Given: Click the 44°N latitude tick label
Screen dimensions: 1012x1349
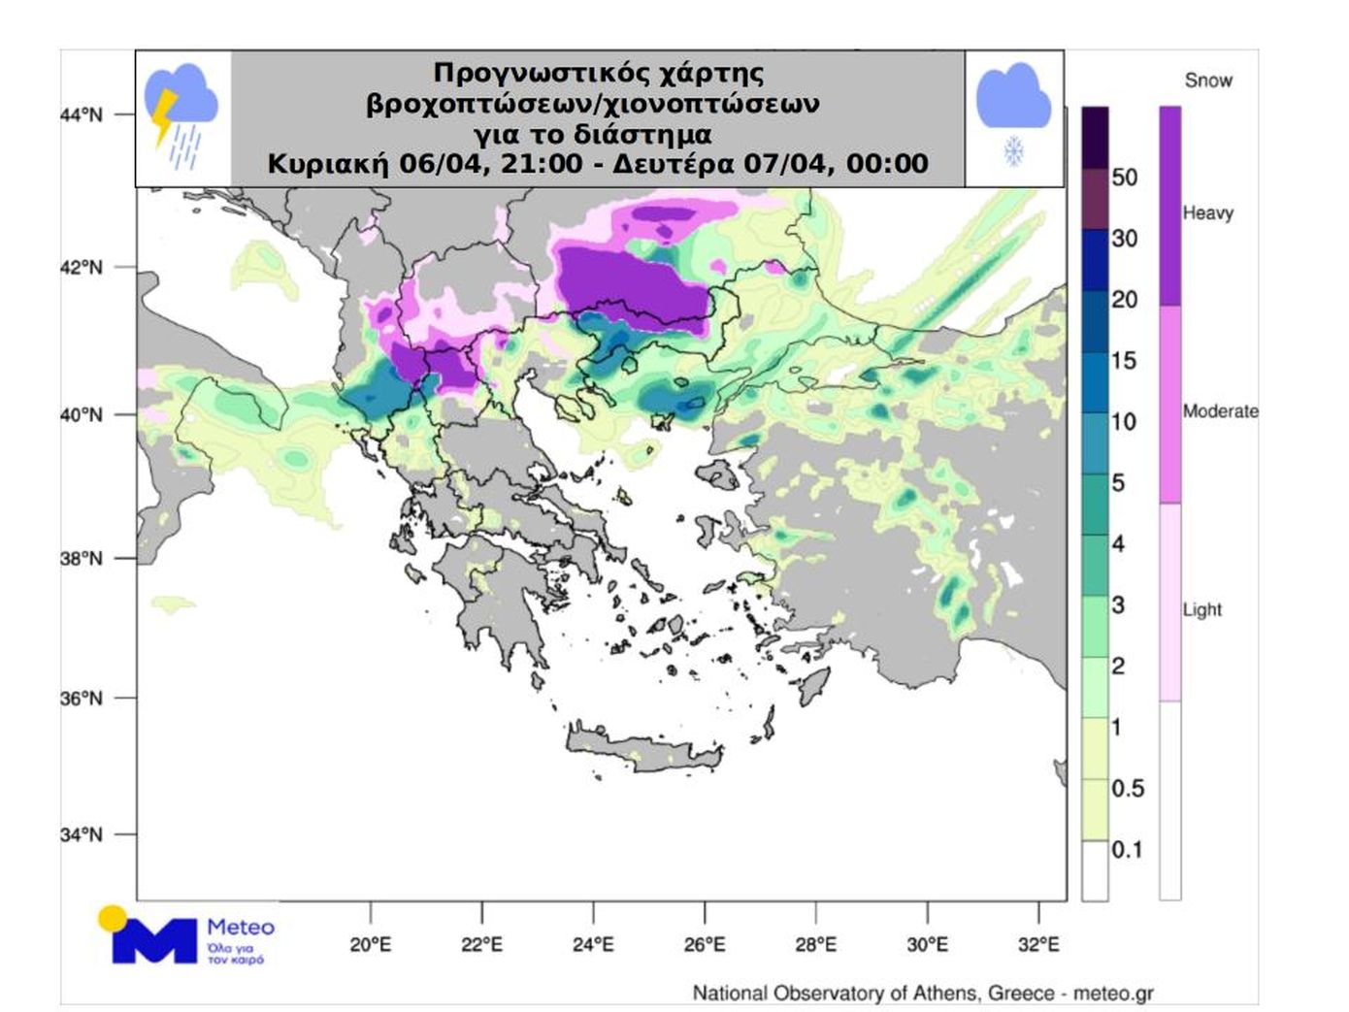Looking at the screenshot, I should coord(81,114).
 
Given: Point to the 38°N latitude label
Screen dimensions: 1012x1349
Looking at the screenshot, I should coord(81,559).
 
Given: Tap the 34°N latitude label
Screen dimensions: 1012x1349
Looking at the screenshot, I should coord(81,834).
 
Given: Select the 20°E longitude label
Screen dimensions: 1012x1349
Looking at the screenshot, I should coord(370,944).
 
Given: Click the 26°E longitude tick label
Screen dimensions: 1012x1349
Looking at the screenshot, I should coord(705,944).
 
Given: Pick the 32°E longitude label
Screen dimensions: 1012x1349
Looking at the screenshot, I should coord(1038,944).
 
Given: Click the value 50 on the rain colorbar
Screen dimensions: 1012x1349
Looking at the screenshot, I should coord(1124,178).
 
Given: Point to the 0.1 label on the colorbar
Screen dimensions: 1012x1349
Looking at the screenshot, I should coord(1127,850).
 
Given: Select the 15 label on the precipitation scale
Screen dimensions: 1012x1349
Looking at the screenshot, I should coord(1123,361).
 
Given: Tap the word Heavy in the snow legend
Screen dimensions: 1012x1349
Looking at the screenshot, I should coord(1207,213).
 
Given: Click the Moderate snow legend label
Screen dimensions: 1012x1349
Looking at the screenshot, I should coord(1220,411).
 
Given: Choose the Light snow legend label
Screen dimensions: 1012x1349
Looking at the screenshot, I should coord(1201,609).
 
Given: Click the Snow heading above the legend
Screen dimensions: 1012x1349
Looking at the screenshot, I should coord(1208,81).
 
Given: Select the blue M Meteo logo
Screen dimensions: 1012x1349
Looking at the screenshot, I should coord(153,938).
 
